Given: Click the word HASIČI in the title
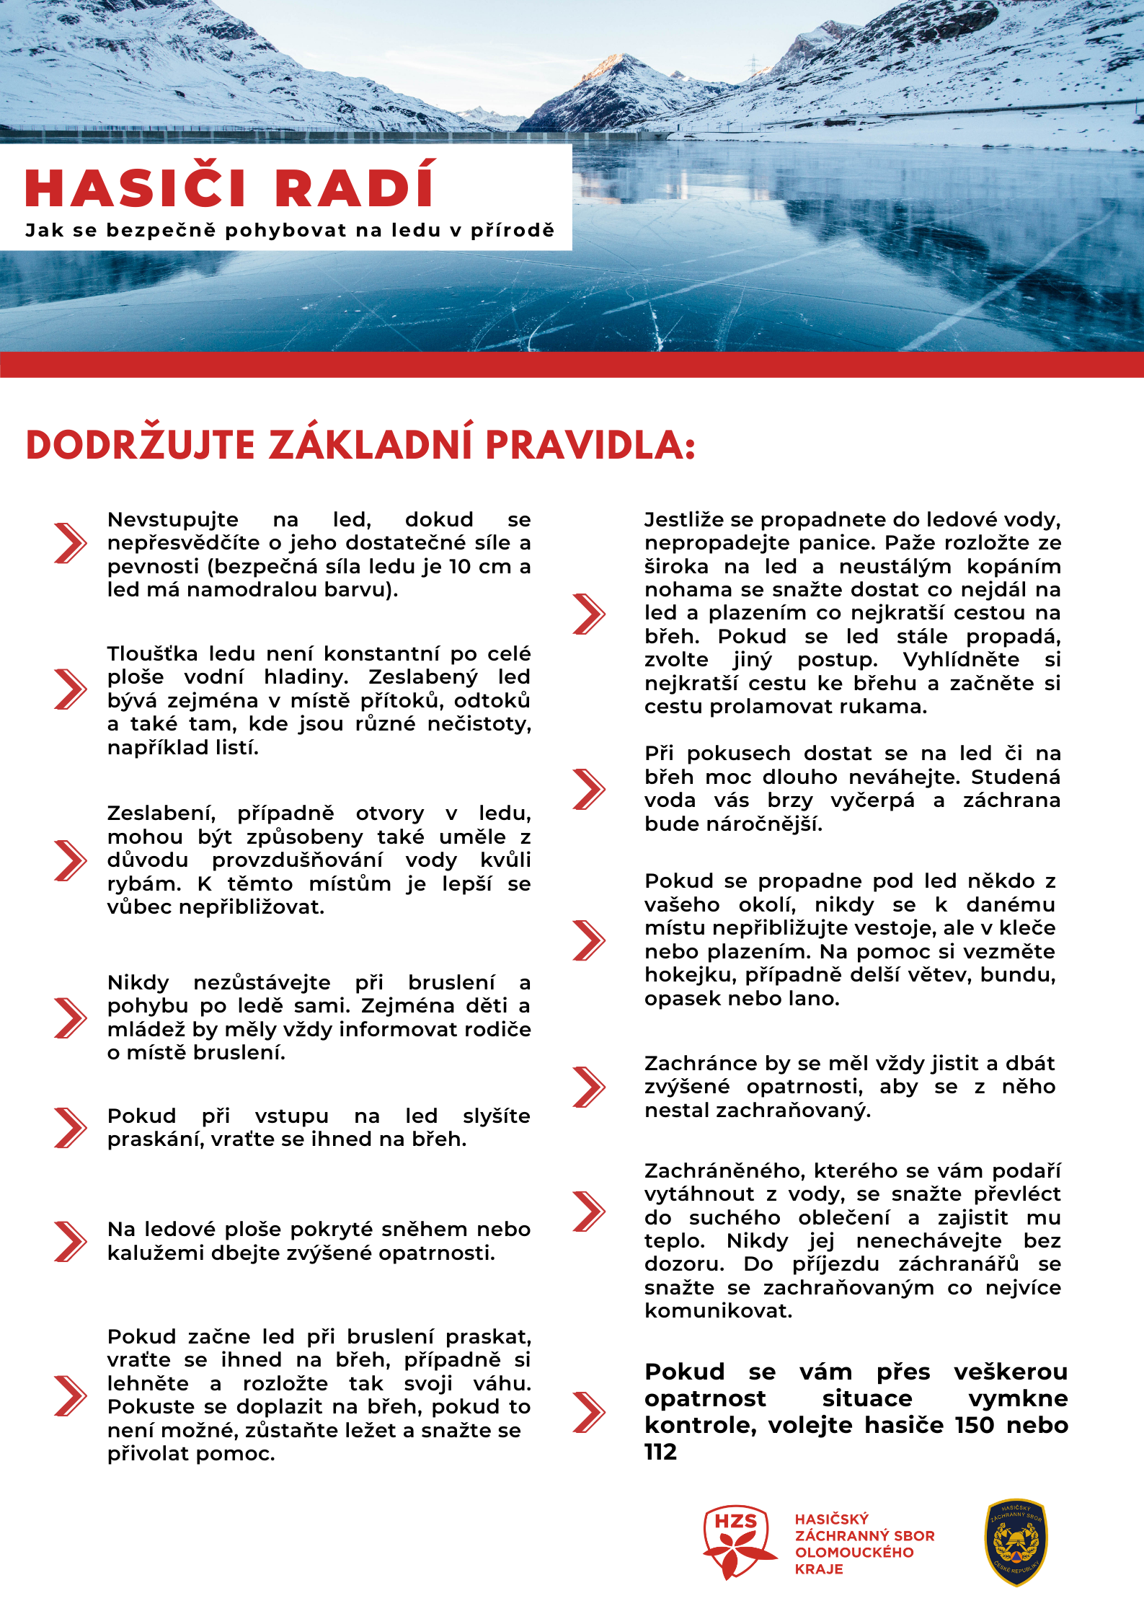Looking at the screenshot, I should coord(136,188).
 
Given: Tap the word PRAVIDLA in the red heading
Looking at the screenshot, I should coord(590,444).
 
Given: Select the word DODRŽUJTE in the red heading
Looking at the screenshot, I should coord(141,444).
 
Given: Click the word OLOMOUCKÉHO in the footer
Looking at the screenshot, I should coord(854,1552).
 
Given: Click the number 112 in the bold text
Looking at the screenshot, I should coord(660,1452).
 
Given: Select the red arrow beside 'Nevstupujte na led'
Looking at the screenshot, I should coord(70,543).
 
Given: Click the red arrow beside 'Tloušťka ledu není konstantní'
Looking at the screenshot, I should coord(70,689).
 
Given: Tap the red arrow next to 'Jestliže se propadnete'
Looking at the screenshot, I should coord(588,614).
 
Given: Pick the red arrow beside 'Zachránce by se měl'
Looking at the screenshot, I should coord(588,1087).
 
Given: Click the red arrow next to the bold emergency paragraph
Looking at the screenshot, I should coord(588,1411).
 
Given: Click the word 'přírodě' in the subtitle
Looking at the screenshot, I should coord(513,231).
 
